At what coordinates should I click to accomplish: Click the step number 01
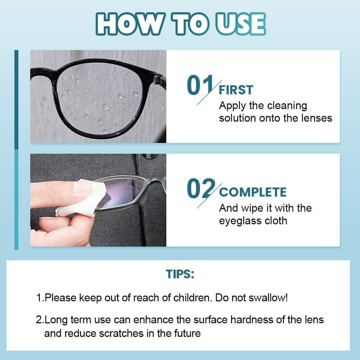click(200, 85)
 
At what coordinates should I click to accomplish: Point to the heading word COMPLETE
click(253, 192)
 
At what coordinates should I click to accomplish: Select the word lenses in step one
click(315, 118)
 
